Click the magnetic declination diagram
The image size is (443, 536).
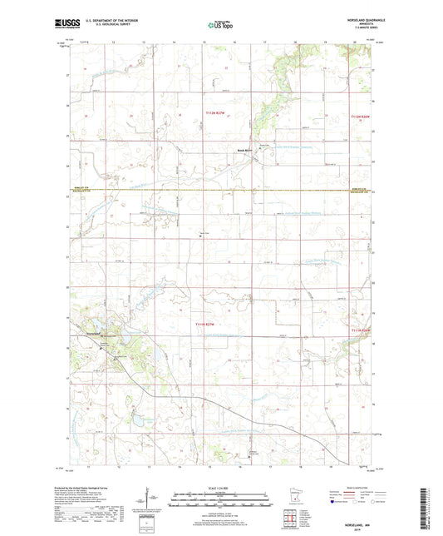(151, 498)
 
